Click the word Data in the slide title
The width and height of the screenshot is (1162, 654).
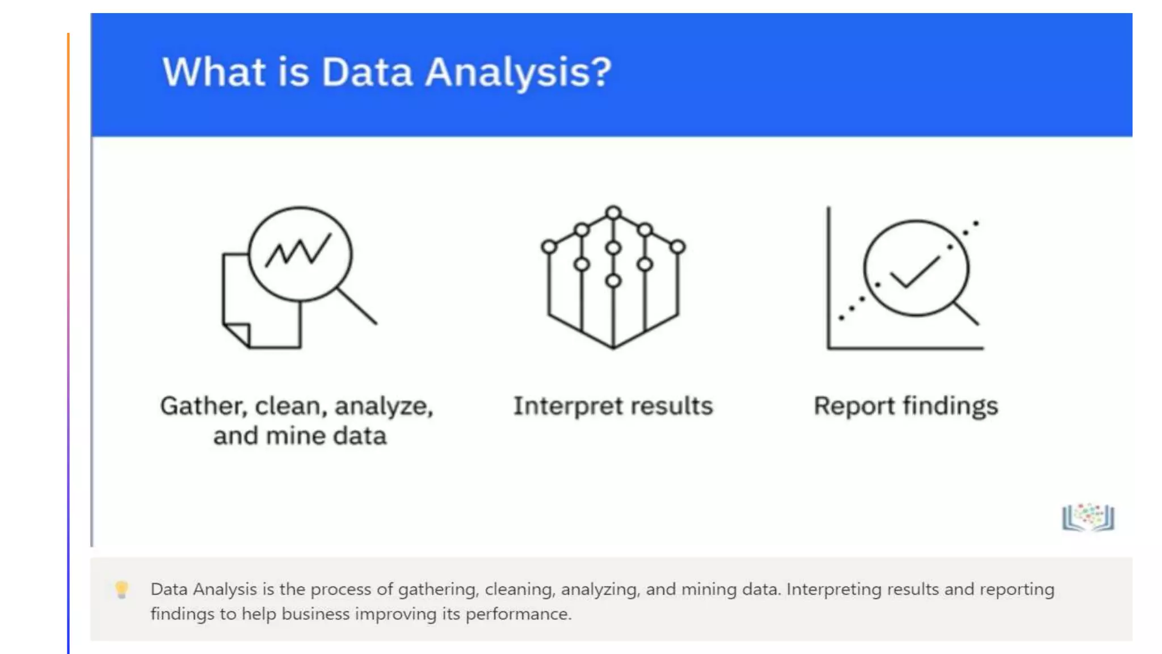(x=367, y=73)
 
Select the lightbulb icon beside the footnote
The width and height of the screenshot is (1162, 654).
(x=121, y=589)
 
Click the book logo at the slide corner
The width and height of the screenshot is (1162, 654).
(x=1088, y=517)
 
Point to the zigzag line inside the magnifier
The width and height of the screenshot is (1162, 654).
(x=298, y=250)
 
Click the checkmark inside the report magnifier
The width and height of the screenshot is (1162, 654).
(x=914, y=272)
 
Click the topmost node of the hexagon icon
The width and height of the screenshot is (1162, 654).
(x=613, y=213)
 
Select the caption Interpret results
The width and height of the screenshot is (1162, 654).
(x=613, y=406)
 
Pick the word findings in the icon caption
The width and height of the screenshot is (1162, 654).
(x=950, y=406)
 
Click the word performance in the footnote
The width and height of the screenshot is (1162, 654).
(x=517, y=614)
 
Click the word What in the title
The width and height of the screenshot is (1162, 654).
(x=214, y=73)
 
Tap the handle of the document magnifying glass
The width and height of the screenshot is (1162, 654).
(x=357, y=306)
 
